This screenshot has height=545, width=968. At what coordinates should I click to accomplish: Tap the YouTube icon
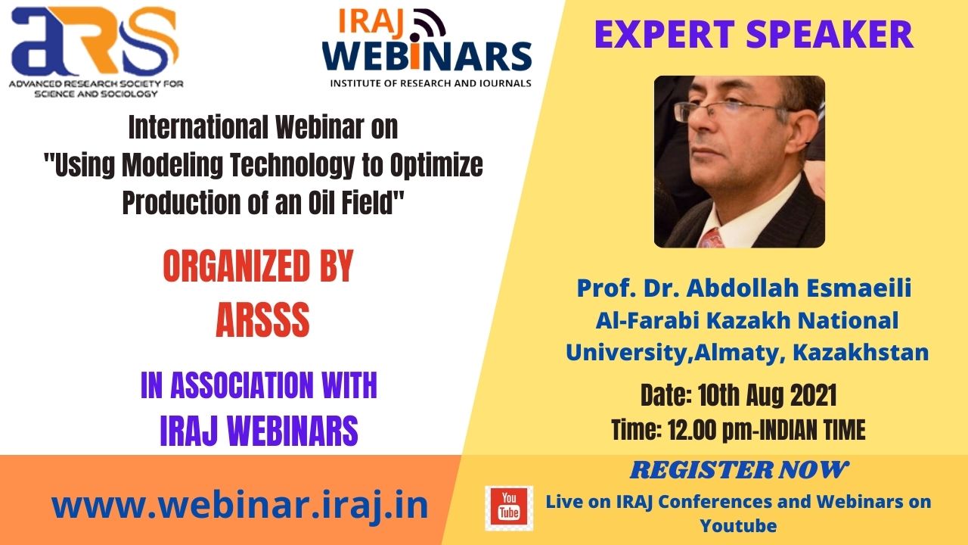click(x=509, y=508)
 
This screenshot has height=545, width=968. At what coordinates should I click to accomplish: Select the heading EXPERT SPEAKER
click(x=754, y=34)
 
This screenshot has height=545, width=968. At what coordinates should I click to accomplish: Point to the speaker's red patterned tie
click(x=712, y=238)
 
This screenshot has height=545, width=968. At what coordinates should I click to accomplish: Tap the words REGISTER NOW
click(x=739, y=470)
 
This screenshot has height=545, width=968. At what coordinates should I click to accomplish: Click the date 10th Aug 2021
click(x=767, y=395)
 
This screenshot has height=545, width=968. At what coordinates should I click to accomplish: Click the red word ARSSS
click(x=262, y=319)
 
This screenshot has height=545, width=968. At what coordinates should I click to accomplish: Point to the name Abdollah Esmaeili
click(x=799, y=288)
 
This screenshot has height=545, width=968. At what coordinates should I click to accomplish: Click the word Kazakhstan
click(x=861, y=353)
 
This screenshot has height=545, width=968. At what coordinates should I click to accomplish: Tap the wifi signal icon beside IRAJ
click(x=429, y=23)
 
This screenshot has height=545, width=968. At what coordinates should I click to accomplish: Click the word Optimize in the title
click(x=436, y=165)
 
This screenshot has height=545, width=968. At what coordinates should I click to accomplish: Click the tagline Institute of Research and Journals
click(x=430, y=83)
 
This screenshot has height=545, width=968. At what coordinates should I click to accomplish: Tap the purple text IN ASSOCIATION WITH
click(x=259, y=385)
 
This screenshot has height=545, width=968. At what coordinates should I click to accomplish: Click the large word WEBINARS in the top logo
click(x=427, y=56)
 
